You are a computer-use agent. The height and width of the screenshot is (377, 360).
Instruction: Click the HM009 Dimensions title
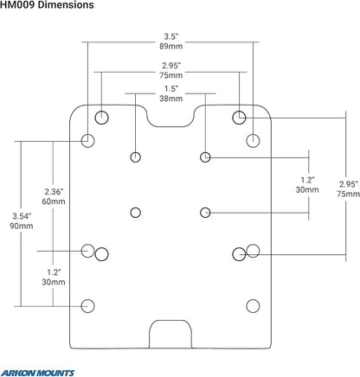tap(47, 4)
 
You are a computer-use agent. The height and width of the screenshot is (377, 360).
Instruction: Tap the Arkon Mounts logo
tap(37, 373)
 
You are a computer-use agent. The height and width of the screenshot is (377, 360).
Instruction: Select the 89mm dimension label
tap(171, 46)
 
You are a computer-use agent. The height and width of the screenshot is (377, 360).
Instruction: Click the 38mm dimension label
tap(171, 99)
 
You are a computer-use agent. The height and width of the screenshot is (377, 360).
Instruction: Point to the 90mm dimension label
tap(22, 226)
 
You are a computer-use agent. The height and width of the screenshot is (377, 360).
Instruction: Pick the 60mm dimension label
tap(54, 201)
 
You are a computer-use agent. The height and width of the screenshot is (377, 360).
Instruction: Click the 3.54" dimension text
tap(22, 216)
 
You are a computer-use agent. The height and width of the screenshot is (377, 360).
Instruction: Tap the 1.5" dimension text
tap(171, 88)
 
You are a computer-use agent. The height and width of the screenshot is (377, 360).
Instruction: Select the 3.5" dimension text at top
tap(171, 36)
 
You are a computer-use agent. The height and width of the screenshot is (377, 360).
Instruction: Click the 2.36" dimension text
tap(54, 191)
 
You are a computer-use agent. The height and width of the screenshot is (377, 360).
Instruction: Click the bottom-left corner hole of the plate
tap(87, 306)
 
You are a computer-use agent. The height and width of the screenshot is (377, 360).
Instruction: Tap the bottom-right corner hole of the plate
tap(253, 306)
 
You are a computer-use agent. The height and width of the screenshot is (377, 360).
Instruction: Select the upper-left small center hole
tap(135, 157)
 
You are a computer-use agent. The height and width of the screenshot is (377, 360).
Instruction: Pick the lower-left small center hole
tap(135, 213)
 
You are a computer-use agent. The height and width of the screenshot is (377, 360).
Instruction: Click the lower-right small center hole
tap(205, 213)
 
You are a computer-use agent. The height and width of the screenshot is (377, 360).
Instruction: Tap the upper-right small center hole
tap(205, 157)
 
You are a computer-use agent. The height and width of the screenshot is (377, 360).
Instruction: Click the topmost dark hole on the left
tap(101, 118)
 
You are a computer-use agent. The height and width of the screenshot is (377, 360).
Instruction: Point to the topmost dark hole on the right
tap(239, 118)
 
